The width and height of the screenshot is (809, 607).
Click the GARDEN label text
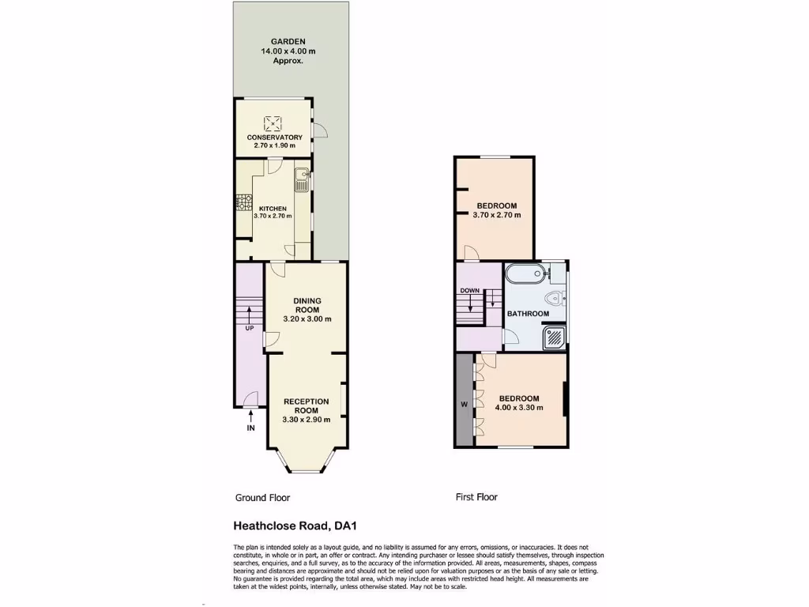[283, 41]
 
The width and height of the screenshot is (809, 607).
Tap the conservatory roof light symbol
[273, 122]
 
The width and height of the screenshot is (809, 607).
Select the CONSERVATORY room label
[274, 138]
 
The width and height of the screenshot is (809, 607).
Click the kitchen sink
[301, 180]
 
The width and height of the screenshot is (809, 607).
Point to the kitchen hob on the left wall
[238, 203]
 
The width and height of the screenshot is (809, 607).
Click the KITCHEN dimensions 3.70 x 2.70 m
[273, 216]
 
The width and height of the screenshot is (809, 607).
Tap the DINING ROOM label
[307, 305]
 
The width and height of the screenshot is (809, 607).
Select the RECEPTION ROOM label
[306, 406]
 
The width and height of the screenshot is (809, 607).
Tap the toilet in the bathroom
[557, 298]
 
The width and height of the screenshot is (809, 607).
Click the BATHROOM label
[528, 314]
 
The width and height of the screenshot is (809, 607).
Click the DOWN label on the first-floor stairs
[470, 290]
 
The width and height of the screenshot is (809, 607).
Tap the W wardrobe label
[464, 405]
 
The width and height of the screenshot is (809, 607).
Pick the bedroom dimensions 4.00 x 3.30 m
[518, 409]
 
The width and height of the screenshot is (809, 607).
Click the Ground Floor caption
[262, 498]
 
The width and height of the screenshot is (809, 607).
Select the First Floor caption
[476, 497]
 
